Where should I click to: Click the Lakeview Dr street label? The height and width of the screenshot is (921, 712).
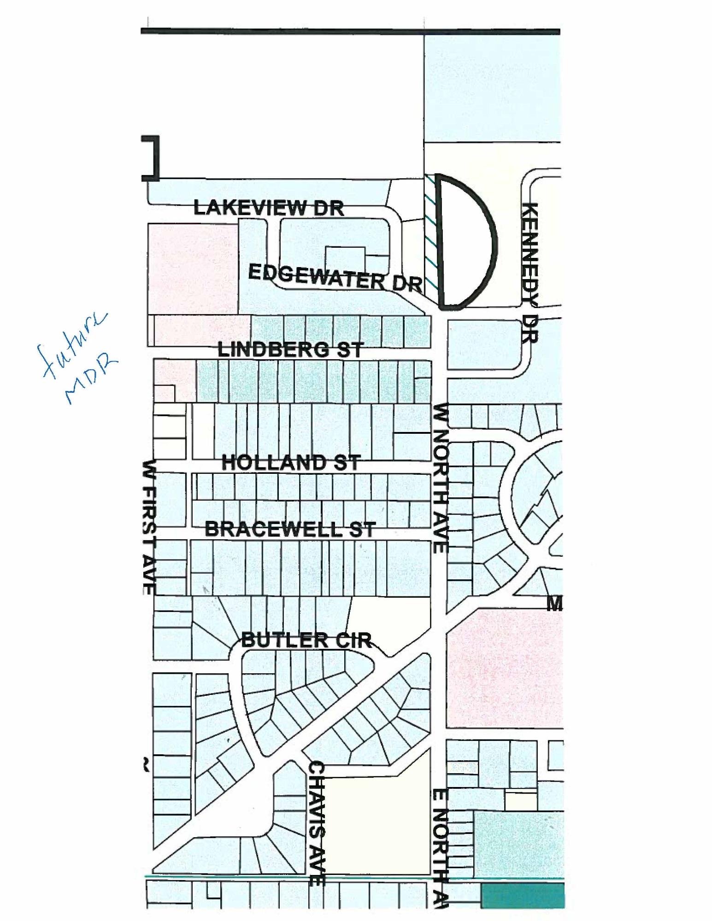click(x=269, y=208)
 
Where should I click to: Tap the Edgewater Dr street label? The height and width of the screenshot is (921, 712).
click(x=335, y=278)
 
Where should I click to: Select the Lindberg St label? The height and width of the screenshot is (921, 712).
click(x=290, y=350)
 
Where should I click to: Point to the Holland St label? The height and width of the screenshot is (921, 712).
click(x=291, y=462)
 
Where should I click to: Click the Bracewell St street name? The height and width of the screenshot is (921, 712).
click(x=290, y=529)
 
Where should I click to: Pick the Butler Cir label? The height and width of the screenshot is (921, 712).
click(x=306, y=641)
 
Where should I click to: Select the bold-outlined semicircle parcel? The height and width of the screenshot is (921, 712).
click(x=465, y=242)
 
